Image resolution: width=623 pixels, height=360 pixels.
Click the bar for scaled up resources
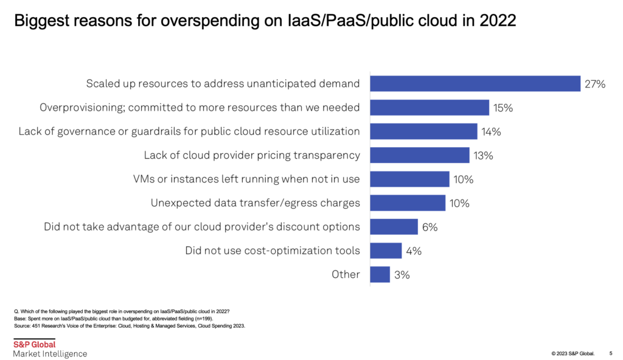pyautogui.click(x=475, y=84)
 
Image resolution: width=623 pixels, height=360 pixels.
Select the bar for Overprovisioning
pyautogui.click(x=430, y=108)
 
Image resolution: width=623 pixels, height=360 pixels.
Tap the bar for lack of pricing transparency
pyautogui.click(x=420, y=155)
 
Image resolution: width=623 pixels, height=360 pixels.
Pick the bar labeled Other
pyautogui.click(x=380, y=274)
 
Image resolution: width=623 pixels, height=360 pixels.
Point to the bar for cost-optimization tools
pyautogui.click(x=386, y=251)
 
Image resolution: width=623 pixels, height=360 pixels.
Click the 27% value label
pyautogui.click(x=595, y=84)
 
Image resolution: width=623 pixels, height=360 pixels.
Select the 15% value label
pyautogui.click(x=503, y=108)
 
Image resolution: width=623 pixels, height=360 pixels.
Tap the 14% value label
pyautogui.click(x=491, y=131)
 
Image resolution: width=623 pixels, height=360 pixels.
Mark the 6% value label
pyautogui.click(x=430, y=227)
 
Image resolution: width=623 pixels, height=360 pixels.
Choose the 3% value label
pyautogui.click(x=402, y=274)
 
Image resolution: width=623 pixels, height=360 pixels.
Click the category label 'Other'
pyautogui.click(x=346, y=274)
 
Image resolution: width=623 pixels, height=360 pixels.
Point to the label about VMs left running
pyautogui.click(x=246, y=179)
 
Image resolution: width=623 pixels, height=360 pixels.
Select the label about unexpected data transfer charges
pyautogui.click(x=255, y=202)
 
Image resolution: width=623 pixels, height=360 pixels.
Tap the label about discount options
pyautogui.click(x=202, y=227)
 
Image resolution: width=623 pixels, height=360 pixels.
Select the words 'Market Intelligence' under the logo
pyautogui.click(x=50, y=354)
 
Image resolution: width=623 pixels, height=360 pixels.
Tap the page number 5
pyautogui.click(x=610, y=353)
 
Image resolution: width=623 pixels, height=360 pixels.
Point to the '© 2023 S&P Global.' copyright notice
pyautogui.click(x=573, y=353)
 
